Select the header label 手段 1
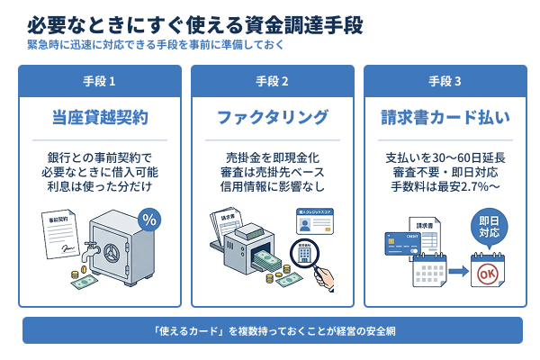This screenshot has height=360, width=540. coord(99,81)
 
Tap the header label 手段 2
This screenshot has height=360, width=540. coord(272,81)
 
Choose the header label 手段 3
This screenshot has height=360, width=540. coord(445,81)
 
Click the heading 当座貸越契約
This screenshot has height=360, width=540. coord(99,118)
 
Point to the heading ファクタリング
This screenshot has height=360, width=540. coord(272,118)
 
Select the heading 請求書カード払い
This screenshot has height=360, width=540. coord(445,118)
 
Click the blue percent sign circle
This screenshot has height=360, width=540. coord(149,219)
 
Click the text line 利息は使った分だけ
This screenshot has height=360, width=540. coord(99,186)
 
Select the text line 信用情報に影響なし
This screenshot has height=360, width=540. coord(272,186)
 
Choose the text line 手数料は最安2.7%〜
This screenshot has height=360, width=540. coord(445,186)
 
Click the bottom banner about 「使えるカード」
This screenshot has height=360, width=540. coord(272,329)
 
